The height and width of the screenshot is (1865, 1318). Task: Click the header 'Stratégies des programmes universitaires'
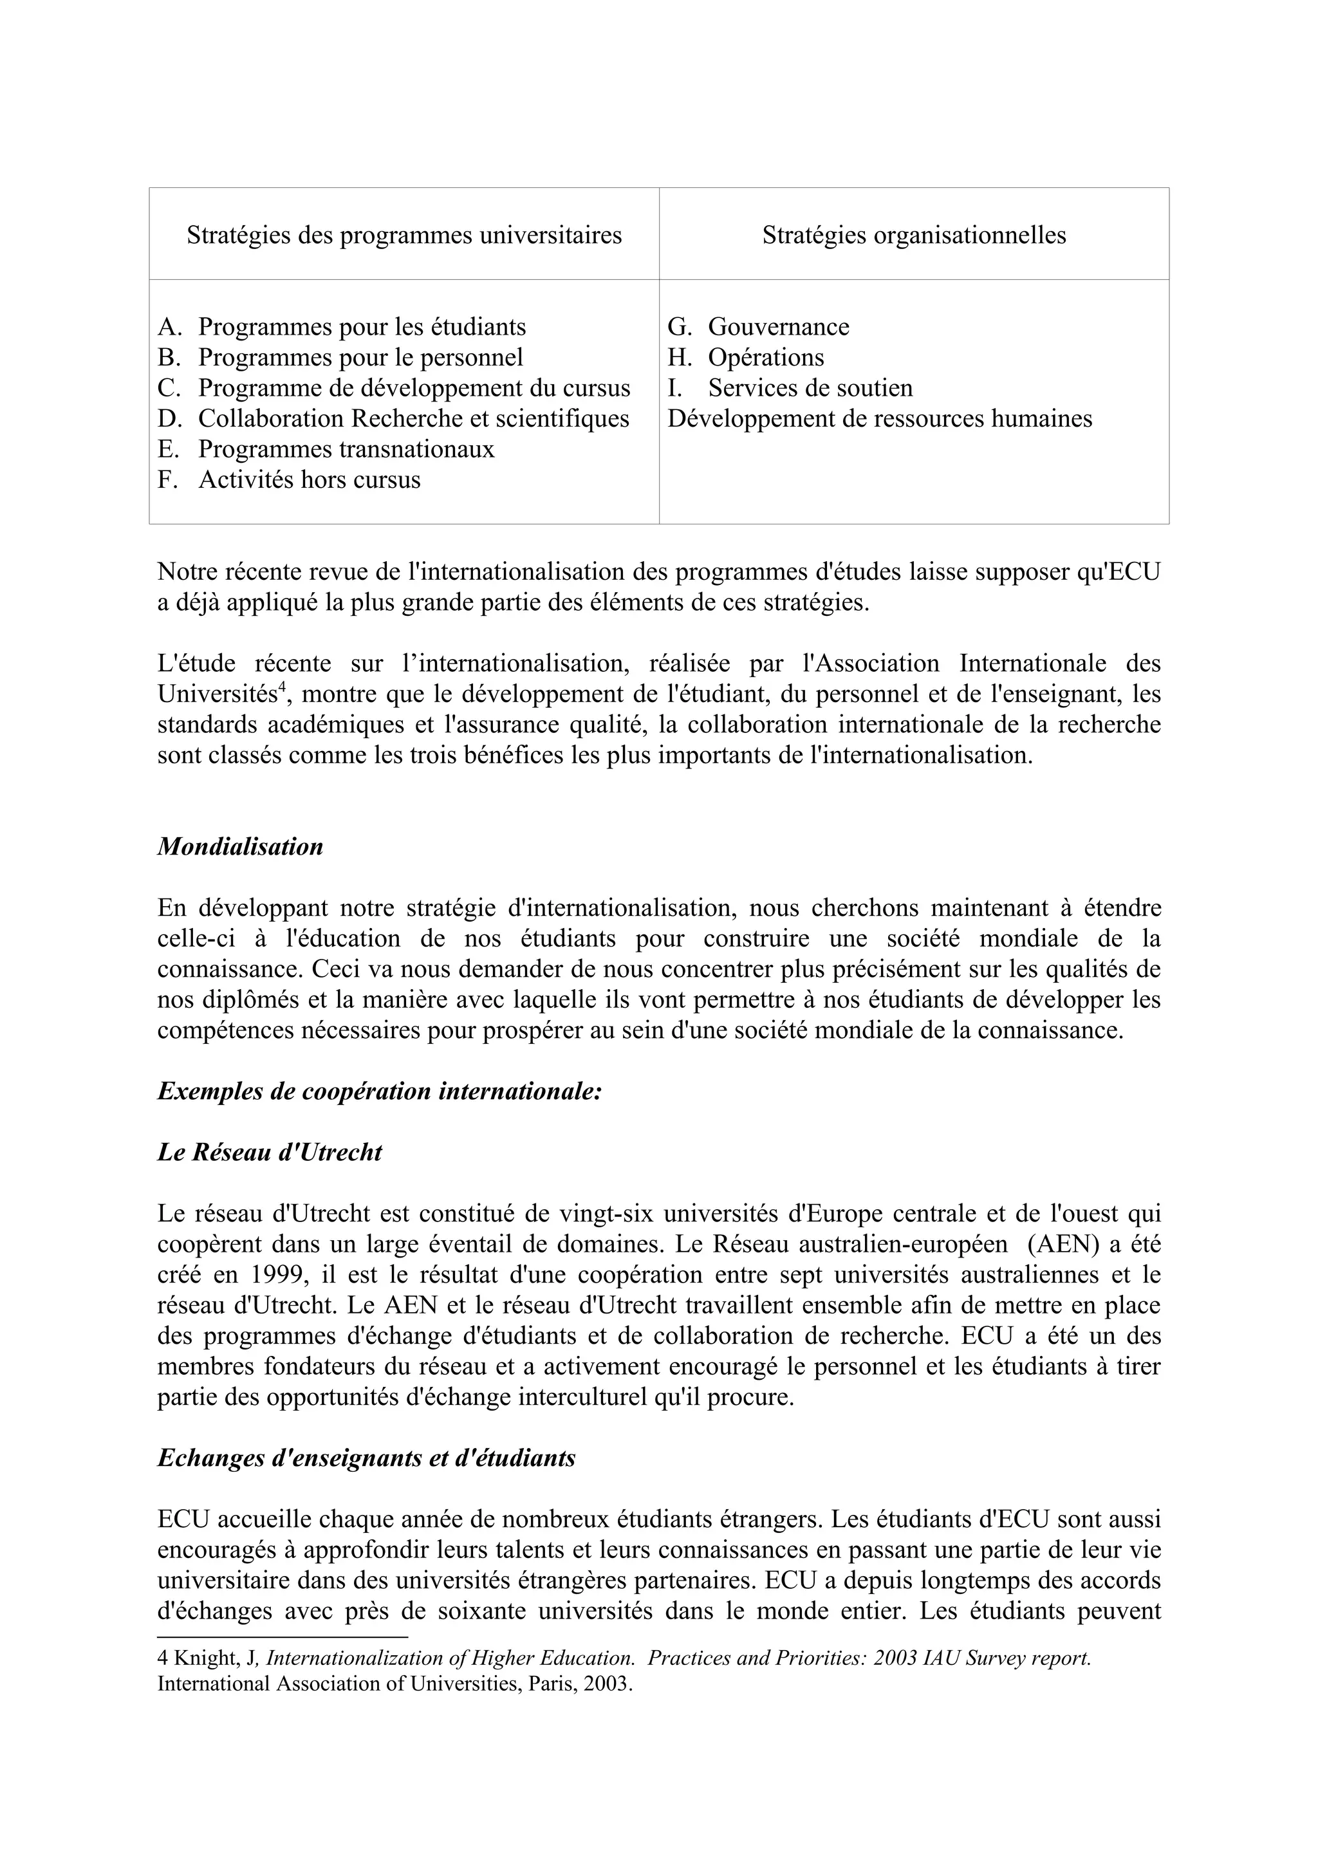coord(404,235)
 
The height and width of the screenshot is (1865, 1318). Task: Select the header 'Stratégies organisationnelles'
coord(914,235)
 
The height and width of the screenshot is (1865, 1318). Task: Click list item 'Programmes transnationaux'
coord(346,449)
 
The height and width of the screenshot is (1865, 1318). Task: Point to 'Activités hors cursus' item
coord(309,479)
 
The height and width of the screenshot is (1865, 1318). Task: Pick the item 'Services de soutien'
coord(810,387)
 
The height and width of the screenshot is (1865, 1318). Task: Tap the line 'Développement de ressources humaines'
coord(880,418)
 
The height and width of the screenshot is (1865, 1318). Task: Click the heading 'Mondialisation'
coord(241,846)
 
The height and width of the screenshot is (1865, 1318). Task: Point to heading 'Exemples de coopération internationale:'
coord(379,1091)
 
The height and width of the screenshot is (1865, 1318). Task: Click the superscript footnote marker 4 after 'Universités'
coord(282,689)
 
